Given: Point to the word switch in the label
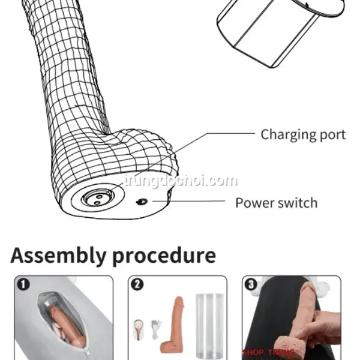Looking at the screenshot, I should (298, 202).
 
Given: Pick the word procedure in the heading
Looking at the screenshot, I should (164, 256).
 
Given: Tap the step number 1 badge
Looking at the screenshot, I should (22, 284).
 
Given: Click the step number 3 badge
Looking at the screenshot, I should (250, 284).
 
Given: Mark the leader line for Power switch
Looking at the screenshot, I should (192, 202).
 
